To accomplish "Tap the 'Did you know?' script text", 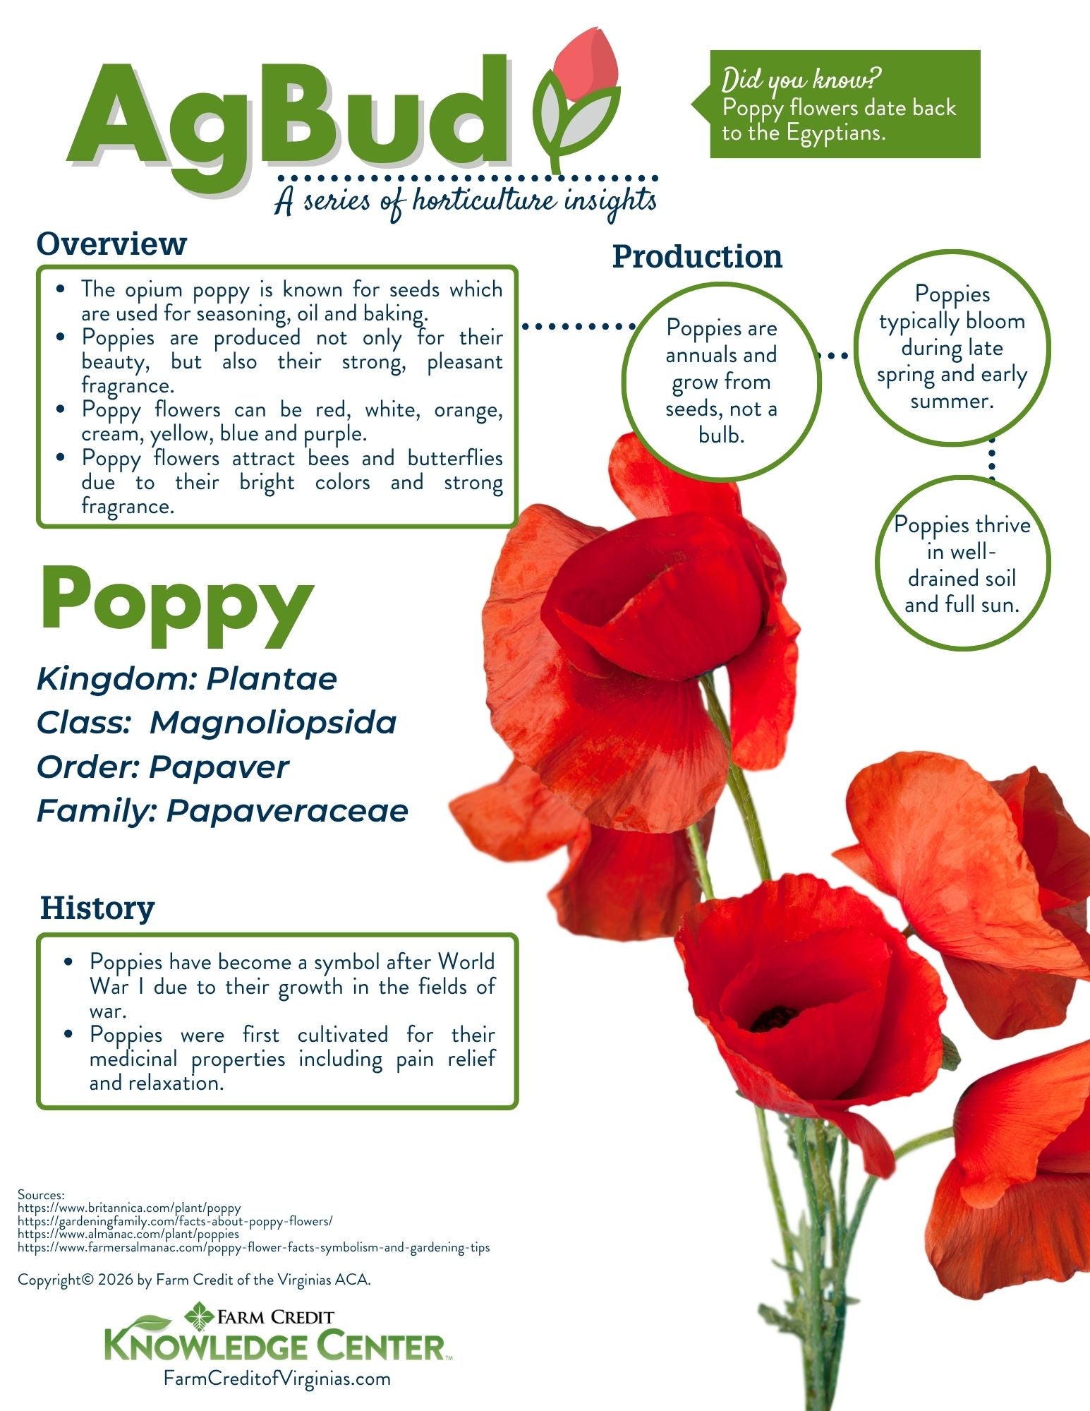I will [x=802, y=80].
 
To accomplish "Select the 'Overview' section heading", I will [x=111, y=244].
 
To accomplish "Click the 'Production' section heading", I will [x=697, y=256].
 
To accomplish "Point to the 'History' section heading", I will [x=97, y=908].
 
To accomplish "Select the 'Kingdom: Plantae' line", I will [x=187, y=679].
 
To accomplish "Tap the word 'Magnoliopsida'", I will [x=273, y=723].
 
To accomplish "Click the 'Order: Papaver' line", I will [x=163, y=767].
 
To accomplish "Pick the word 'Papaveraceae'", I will [x=287, y=811].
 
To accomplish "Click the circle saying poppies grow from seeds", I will [x=721, y=381].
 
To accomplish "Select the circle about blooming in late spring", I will [x=952, y=347].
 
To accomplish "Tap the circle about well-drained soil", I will [x=962, y=565].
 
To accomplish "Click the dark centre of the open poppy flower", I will [x=774, y=1018].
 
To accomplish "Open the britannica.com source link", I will [x=129, y=1208].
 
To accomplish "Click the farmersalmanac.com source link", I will [x=253, y=1247].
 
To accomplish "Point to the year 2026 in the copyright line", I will [x=116, y=1279].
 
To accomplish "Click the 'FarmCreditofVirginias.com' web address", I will [x=277, y=1378].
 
